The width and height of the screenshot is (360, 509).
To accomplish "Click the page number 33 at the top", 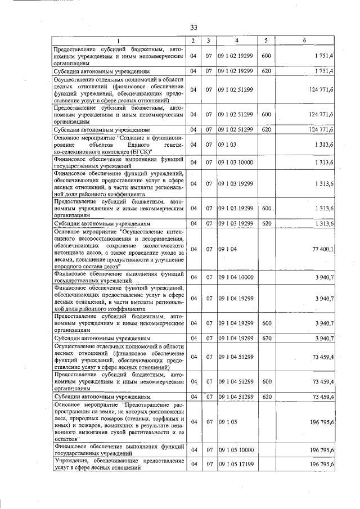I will [x=193, y=27].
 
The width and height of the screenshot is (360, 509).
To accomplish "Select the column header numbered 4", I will [x=237, y=40].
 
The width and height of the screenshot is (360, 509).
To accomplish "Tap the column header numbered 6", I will [x=304, y=40].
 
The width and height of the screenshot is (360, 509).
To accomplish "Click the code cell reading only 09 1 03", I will [x=227, y=145].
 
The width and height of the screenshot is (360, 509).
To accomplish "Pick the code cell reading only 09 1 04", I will [x=227, y=249].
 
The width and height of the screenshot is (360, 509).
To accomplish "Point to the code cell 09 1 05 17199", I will [x=236, y=465].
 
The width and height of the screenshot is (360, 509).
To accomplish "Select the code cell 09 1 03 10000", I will [x=236, y=163].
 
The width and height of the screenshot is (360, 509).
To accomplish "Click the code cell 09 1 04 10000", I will [x=236, y=277].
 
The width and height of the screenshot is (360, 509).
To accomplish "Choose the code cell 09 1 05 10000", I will [x=236, y=450].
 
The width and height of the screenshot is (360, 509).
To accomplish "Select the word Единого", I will [x=138, y=145].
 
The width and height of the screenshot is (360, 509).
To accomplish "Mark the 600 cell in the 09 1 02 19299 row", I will [x=266, y=56].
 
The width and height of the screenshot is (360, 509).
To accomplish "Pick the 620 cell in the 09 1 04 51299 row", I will [x=266, y=397].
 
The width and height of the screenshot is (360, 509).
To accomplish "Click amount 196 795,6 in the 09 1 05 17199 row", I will [x=321, y=465].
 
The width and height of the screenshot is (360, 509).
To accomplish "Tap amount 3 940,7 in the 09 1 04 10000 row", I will [x=325, y=277].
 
